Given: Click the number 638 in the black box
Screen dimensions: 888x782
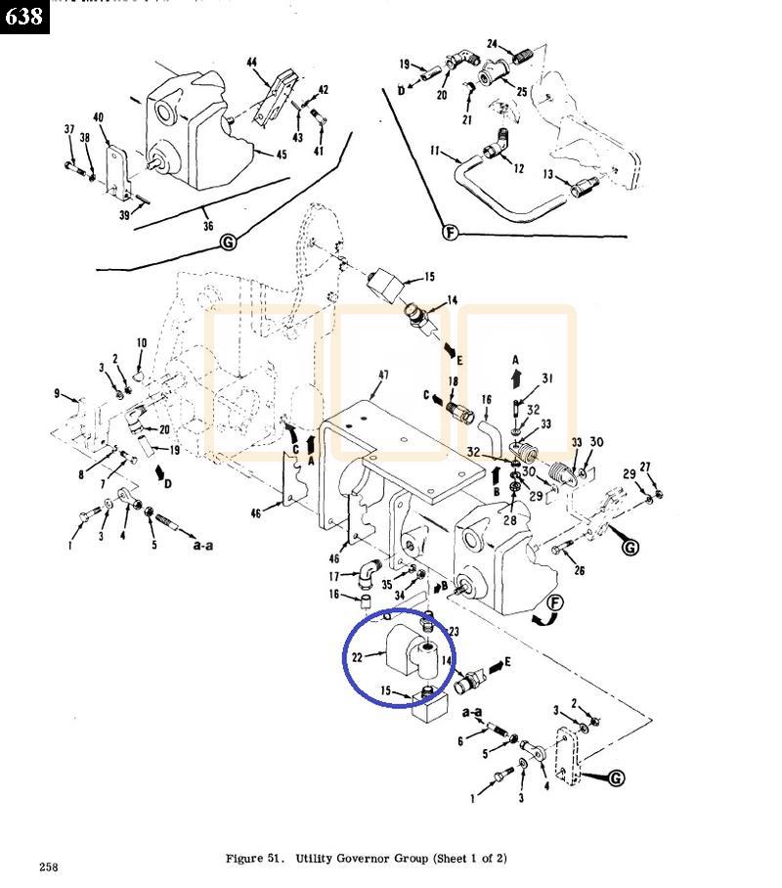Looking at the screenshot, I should [x=23, y=17].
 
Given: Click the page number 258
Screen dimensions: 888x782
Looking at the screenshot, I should [x=49, y=866].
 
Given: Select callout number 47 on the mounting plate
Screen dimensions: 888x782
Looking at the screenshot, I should [x=384, y=375].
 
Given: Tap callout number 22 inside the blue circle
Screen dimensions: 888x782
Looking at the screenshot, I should [x=358, y=657].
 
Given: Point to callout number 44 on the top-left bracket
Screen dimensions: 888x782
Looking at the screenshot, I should [x=252, y=62].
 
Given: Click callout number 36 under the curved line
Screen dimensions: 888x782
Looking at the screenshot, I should [x=207, y=225].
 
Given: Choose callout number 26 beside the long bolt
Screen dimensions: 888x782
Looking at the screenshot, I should [x=579, y=572].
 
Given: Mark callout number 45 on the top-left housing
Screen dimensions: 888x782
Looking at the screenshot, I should [x=281, y=154].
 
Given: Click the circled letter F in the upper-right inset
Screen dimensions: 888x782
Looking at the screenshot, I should [x=450, y=232].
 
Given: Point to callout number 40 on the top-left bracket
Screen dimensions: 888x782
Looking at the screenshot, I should [x=99, y=118].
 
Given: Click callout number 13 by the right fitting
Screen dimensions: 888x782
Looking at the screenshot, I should [x=548, y=174].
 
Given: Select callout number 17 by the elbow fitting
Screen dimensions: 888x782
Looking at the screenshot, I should [x=334, y=576].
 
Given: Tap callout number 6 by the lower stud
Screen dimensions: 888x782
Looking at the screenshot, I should [x=459, y=742].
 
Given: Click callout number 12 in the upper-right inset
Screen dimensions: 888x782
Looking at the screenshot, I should [x=518, y=168].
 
